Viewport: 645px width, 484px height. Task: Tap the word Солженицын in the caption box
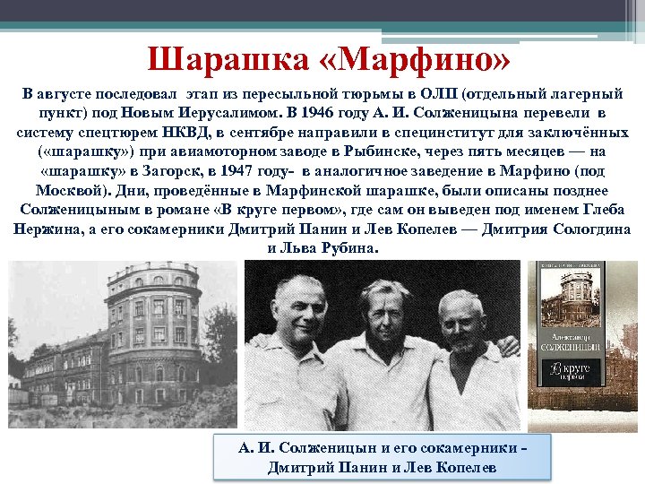tap(327, 446)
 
